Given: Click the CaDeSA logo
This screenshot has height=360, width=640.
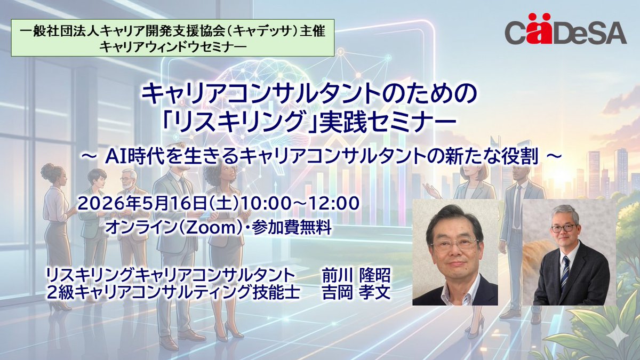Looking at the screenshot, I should coord(565,33).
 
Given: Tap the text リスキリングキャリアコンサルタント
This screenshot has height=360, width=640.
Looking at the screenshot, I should coord(170,275).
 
